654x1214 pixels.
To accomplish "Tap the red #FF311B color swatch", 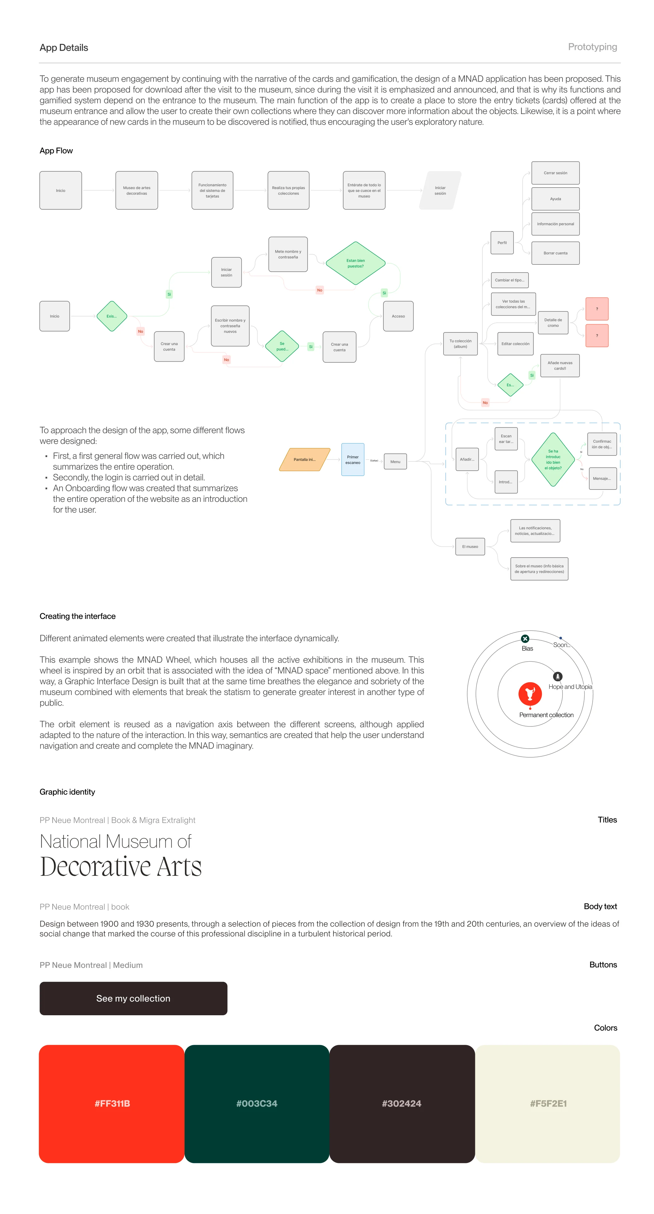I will click(x=112, y=1103).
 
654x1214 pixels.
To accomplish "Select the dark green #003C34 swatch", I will click(x=257, y=1103).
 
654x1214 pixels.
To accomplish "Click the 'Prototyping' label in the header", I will click(x=592, y=47).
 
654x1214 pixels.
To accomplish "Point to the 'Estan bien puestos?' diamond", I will click(x=355, y=264).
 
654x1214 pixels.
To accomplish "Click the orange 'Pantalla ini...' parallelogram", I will click(x=304, y=459).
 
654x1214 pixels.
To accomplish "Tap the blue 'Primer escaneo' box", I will click(x=353, y=459).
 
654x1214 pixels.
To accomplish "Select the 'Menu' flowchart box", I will click(x=395, y=462).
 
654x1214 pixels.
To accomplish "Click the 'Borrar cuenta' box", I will click(x=555, y=253).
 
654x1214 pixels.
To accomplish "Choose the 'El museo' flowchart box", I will click(x=470, y=547).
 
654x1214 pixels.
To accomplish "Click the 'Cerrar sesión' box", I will click(x=555, y=173).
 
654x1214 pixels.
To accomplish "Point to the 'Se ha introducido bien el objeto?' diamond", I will click(x=553, y=459).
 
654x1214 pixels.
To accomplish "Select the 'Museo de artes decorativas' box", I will click(x=137, y=190).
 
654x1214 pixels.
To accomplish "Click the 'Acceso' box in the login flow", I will click(x=398, y=316).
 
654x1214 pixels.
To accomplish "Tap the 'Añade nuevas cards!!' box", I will click(x=560, y=366).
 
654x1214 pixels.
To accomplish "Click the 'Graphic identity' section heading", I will click(x=67, y=792).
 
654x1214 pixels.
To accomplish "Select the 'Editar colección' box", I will click(x=515, y=344).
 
